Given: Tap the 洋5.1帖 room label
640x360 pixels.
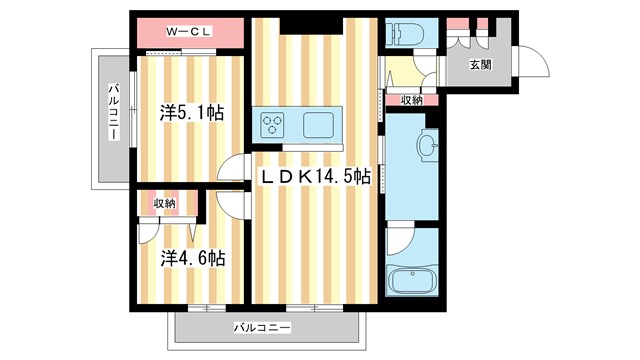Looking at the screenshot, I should pyautogui.click(x=190, y=113).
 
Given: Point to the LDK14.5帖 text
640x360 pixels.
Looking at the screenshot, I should pyautogui.click(x=317, y=177).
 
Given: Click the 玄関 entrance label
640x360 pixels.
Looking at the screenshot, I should pyautogui.click(x=480, y=65).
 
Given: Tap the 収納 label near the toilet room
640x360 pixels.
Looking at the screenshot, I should pyautogui.click(x=411, y=101).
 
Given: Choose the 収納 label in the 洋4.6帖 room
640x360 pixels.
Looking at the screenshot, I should pyautogui.click(x=165, y=204).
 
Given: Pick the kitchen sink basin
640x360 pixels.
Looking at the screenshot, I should pyautogui.click(x=319, y=125).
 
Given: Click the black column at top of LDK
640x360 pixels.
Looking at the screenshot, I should pyautogui.click(x=312, y=25).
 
